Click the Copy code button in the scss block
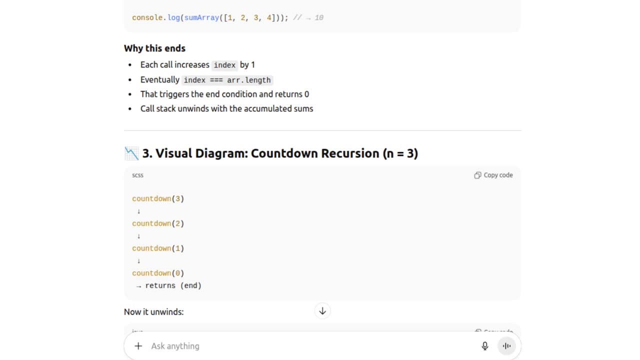493,175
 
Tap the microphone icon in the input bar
484,346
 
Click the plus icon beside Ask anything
138,346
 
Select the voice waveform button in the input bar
506,346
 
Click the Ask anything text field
300,346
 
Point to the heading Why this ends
154,48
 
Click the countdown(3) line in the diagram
158,199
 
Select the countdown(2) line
158,223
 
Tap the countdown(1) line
158,248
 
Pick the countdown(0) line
158,273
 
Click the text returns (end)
173,286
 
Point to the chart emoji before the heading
131,153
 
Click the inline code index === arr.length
227,80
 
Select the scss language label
137,175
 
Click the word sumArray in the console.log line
201,18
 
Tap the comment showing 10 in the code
308,18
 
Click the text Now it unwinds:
153,312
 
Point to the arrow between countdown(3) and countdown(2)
138,211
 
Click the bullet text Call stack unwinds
226,109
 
